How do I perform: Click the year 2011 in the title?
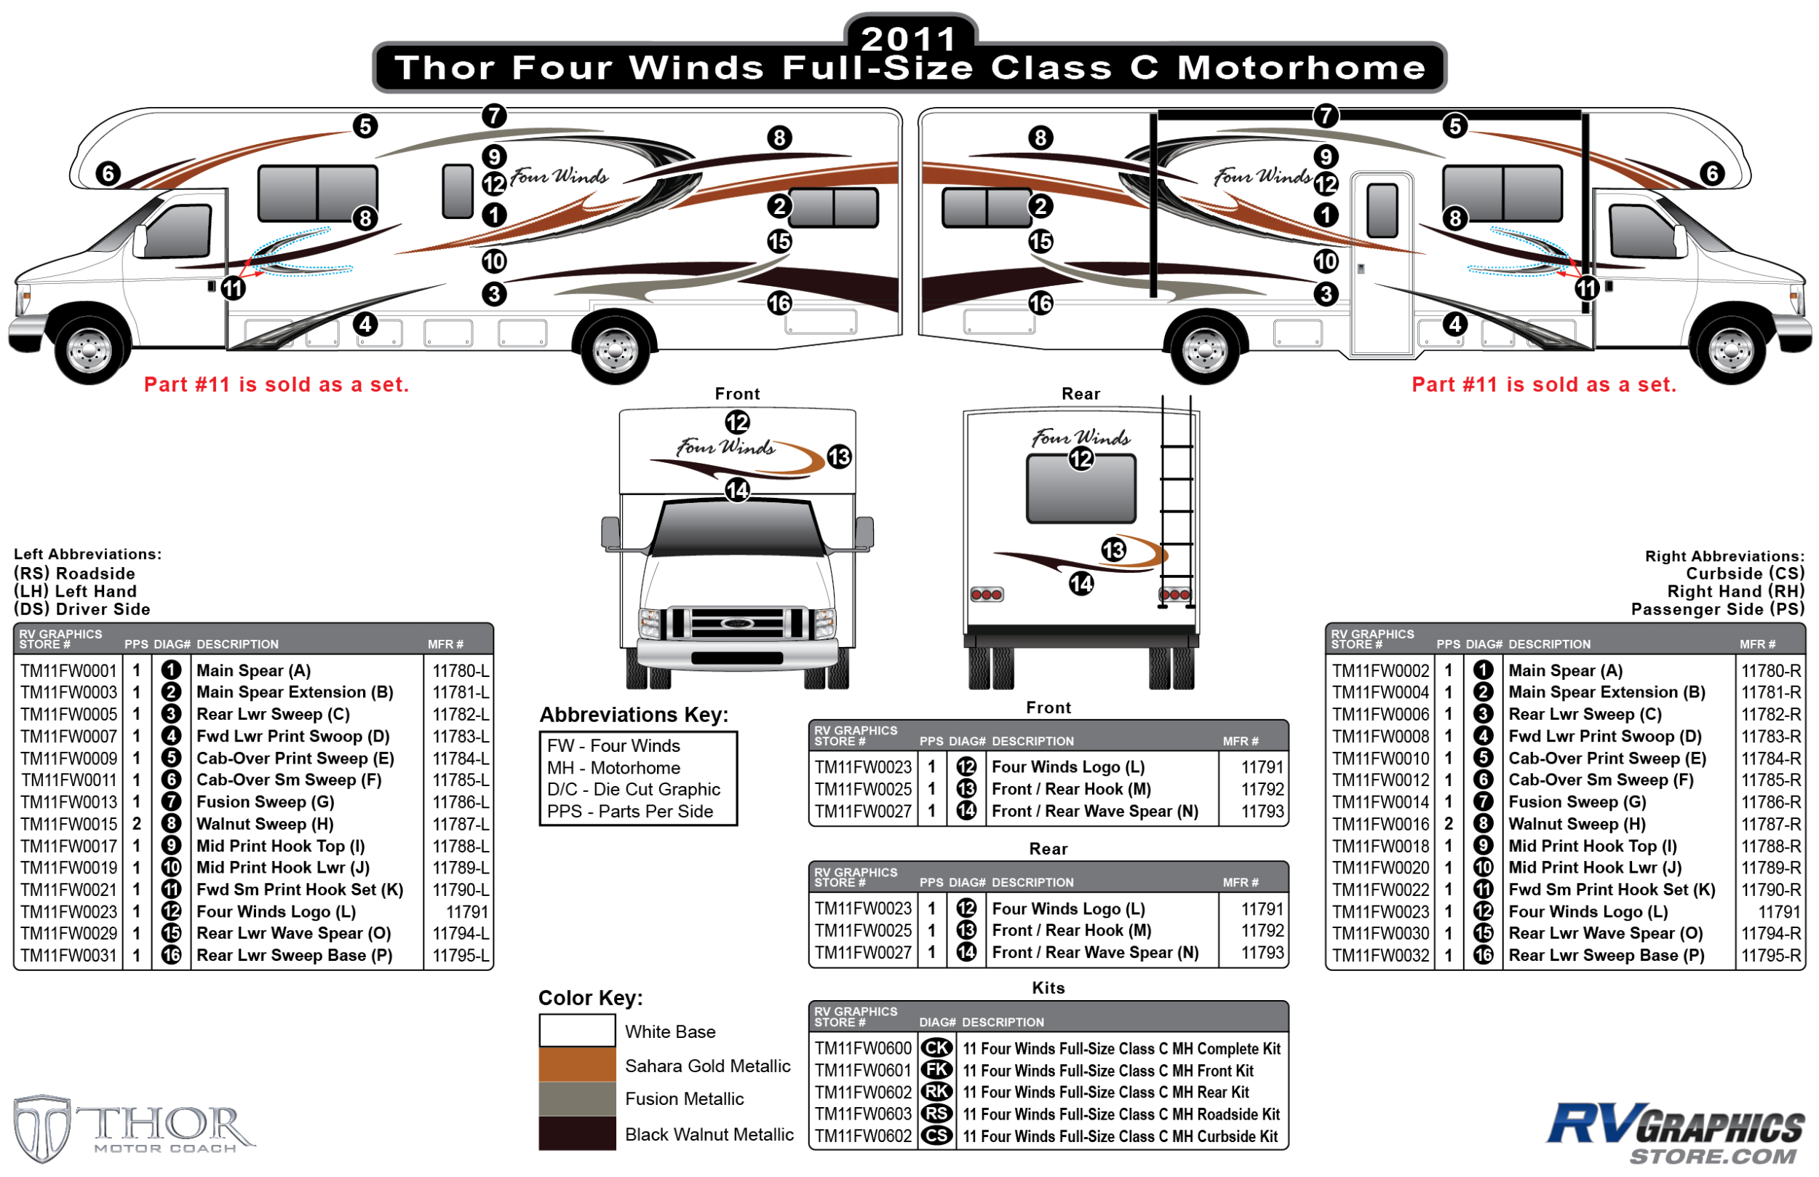(908, 38)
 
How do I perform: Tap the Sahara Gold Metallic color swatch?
(577, 1064)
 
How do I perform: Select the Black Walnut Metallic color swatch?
(577, 1133)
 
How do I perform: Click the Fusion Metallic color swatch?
(577, 1098)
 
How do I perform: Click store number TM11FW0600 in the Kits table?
(862, 1048)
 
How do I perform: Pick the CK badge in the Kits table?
(936, 1048)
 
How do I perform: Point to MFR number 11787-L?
(460, 824)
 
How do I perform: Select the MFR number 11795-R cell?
(1770, 955)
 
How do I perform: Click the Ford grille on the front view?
(736, 623)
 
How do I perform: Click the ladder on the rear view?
(1176, 504)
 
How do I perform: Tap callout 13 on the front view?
(839, 456)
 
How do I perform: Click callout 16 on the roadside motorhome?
(779, 304)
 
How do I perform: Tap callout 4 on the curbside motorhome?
(1454, 324)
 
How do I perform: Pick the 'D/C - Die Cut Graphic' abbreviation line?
(633, 790)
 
